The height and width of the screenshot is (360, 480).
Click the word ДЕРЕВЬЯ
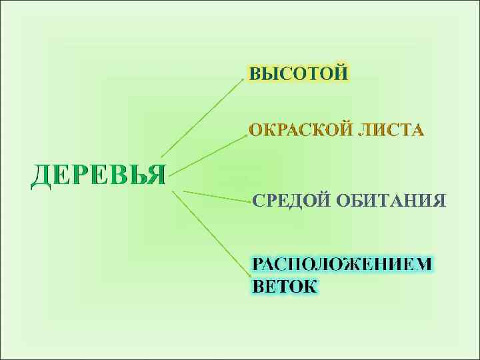pos(99,175)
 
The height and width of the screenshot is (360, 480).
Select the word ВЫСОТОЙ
pos(298,73)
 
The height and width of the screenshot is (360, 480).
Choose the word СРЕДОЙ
pos(291,201)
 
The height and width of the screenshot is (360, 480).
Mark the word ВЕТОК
pos(285,286)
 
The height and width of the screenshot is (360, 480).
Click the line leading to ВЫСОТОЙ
pos(201,117)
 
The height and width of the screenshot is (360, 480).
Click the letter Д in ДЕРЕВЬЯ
pos(41,175)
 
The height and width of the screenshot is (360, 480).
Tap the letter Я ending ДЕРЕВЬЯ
pos(156,175)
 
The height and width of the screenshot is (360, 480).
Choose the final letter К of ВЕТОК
pos(310,286)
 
